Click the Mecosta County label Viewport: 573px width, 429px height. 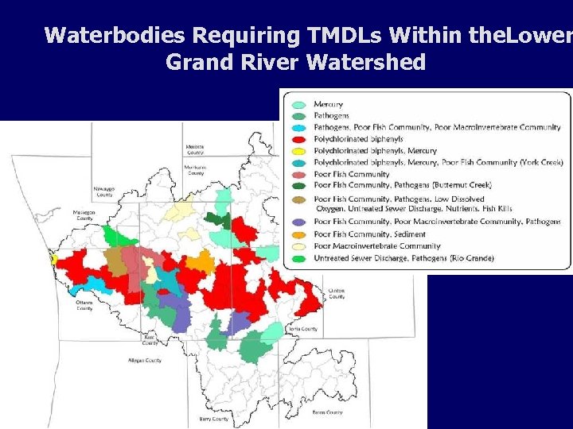point(195,149)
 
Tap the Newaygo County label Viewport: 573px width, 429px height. point(104,191)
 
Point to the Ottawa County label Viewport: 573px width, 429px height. point(84,305)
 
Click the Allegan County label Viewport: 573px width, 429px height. point(145,360)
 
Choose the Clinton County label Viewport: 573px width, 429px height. point(337,294)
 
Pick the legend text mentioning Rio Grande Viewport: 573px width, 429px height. point(404,258)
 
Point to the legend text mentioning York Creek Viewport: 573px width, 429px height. point(439,162)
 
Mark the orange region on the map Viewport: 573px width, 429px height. point(199,262)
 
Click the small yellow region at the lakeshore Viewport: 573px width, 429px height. point(53,258)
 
